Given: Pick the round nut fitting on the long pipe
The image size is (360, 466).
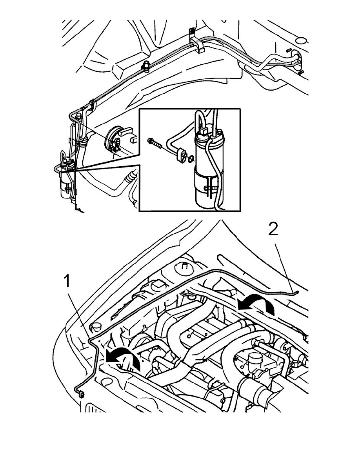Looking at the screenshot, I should (x=147, y=67).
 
